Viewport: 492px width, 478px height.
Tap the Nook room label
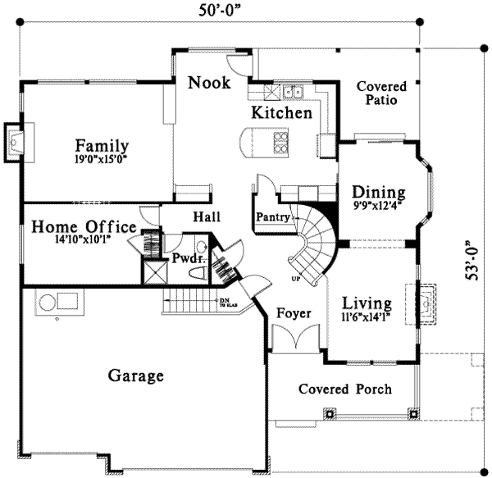tap(208, 83)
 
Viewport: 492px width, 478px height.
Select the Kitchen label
tap(281, 113)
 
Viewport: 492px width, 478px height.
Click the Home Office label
tap(84, 227)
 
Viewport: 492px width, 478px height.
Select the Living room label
tap(367, 302)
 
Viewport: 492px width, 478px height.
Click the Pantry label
tap(271, 217)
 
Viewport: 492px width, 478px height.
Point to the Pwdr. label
tap(181, 259)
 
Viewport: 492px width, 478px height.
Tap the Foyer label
tap(293, 313)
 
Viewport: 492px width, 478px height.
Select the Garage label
tap(136, 376)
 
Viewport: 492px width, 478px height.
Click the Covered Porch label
tap(344, 389)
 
